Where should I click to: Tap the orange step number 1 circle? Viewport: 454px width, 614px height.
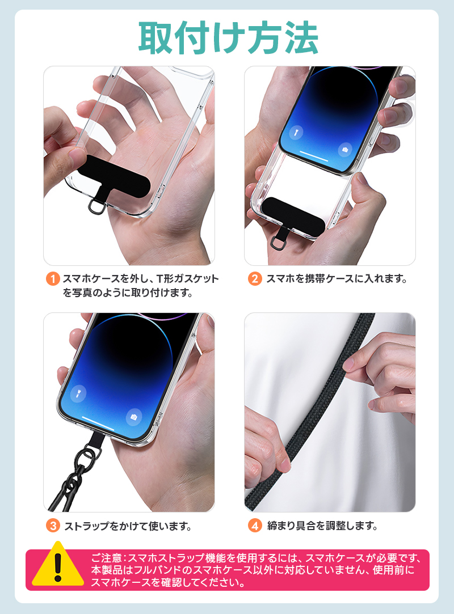pyautogui.click(x=52, y=279)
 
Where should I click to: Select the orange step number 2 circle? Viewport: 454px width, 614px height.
pyautogui.click(x=255, y=279)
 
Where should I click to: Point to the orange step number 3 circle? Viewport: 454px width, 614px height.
pyautogui.click(x=52, y=526)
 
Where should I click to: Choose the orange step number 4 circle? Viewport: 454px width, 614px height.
pyautogui.click(x=255, y=526)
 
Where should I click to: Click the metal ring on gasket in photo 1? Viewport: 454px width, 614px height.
pyautogui.click(x=96, y=207)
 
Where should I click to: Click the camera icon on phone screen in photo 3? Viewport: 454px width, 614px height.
pyautogui.click(x=134, y=417)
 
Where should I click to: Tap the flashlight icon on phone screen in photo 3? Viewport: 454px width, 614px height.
pyautogui.click(x=78, y=393)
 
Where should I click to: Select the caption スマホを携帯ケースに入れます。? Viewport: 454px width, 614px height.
pyautogui.click(x=337, y=279)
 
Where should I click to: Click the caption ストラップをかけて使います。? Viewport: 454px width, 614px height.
pyautogui.click(x=127, y=526)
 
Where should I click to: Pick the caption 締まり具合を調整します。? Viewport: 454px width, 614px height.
pyautogui.click(x=322, y=526)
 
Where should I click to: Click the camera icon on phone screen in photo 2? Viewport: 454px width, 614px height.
pyautogui.click(x=344, y=150)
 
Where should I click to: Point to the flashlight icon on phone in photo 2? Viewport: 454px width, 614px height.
pyautogui.click(x=295, y=133)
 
